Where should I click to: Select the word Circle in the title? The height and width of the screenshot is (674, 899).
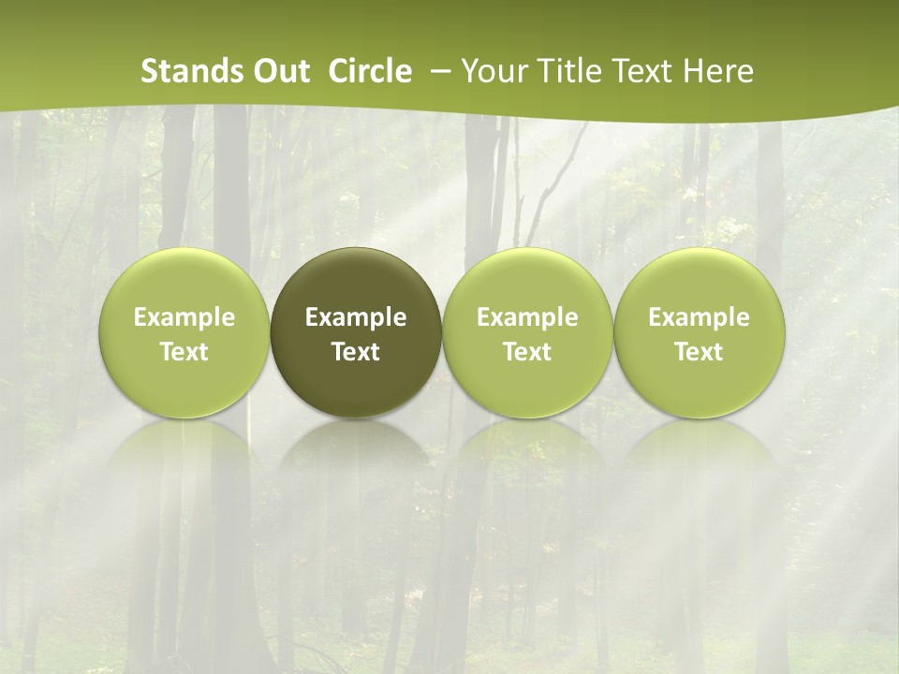pos(370,71)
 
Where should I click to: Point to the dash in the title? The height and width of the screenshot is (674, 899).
pos(437,72)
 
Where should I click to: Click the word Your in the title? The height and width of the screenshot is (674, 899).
pos(491,71)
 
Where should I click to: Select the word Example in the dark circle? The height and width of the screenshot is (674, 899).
pos(356,317)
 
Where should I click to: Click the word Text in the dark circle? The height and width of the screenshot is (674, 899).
pos(356,352)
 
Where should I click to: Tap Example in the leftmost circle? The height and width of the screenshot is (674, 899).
pos(184,317)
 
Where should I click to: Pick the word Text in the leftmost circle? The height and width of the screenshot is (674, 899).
pos(184,352)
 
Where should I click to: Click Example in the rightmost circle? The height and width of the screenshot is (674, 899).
pos(700,317)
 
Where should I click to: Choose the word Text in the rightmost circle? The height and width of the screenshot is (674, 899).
pos(700,352)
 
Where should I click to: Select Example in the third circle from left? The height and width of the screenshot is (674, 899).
pos(527,317)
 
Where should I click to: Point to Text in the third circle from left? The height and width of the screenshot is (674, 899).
pos(527,352)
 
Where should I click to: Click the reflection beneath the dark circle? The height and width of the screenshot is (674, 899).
pos(356,459)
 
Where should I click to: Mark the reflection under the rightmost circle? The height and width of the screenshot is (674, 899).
pos(700,459)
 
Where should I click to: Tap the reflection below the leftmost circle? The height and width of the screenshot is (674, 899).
pos(184,459)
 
